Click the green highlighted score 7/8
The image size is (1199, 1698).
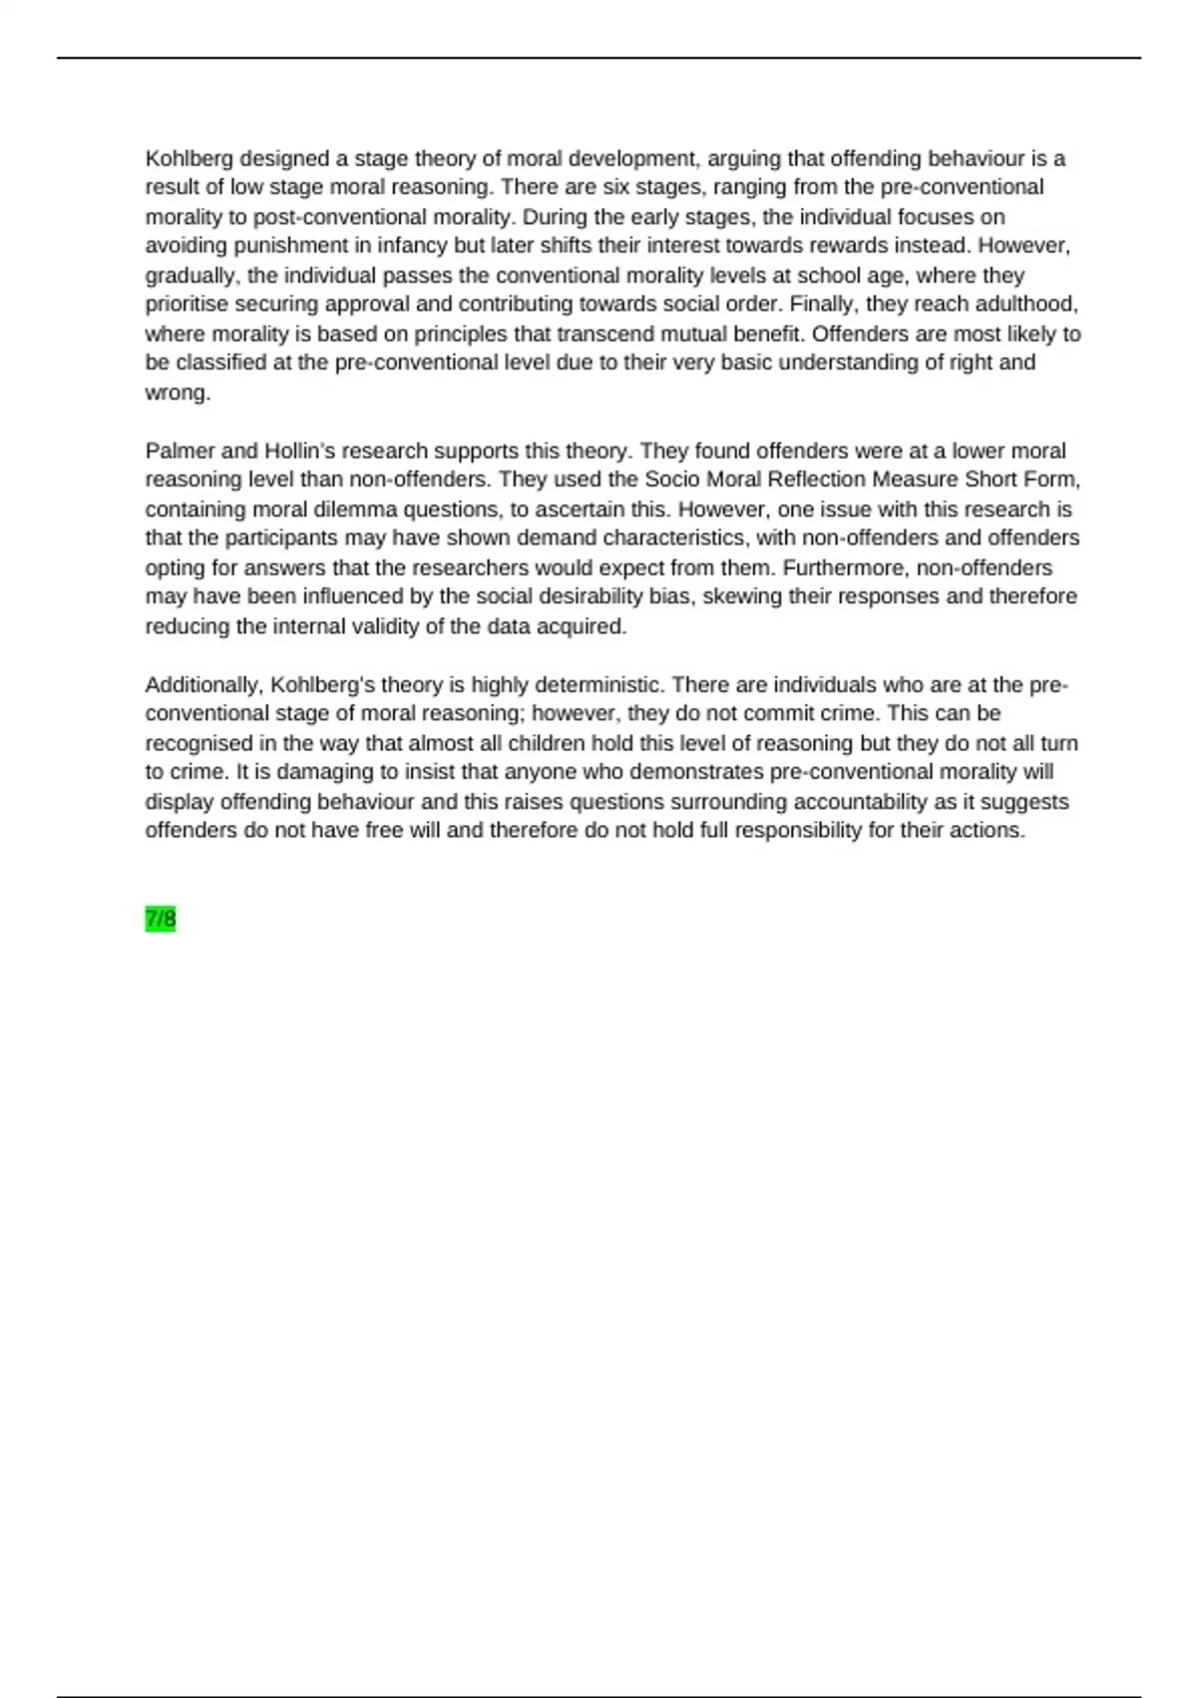(160, 919)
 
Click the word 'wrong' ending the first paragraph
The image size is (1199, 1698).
(176, 393)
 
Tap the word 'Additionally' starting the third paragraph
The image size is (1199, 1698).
(204, 685)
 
